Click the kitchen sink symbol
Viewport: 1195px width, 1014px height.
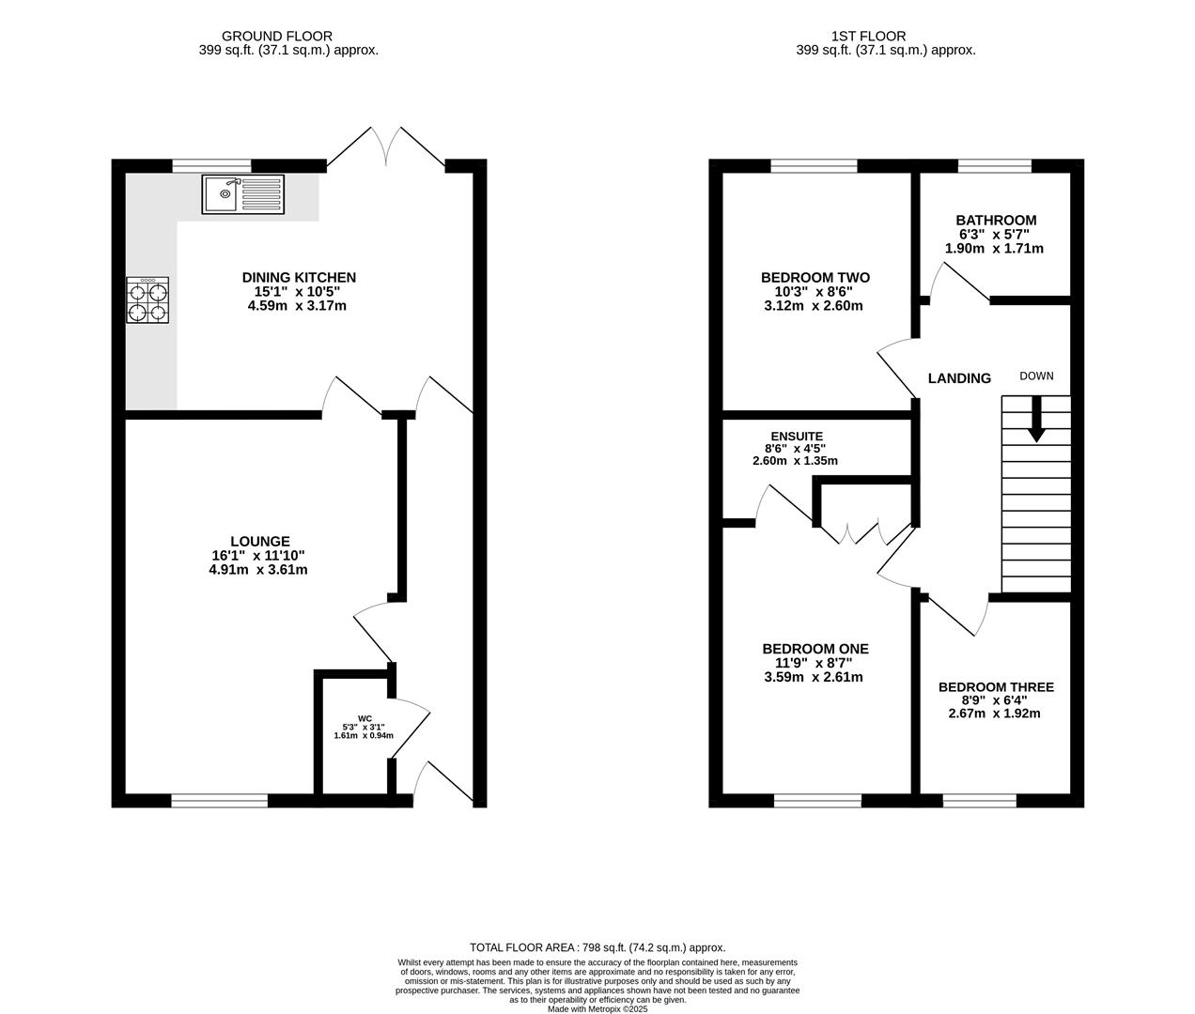click(242, 194)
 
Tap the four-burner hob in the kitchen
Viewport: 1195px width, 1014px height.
click(148, 300)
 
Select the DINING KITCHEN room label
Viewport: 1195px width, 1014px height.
click(299, 277)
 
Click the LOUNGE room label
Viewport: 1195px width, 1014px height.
click(260, 542)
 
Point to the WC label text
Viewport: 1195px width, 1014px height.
click(365, 718)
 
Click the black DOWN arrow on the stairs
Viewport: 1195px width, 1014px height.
click(1036, 419)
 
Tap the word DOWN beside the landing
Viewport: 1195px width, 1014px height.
click(1036, 376)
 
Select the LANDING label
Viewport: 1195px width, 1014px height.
click(960, 378)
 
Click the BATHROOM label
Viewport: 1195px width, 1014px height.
click(996, 220)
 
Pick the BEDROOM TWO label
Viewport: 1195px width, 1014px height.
click(815, 277)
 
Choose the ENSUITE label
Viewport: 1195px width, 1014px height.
click(797, 437)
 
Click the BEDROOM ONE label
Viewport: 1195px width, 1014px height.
click(815, 649)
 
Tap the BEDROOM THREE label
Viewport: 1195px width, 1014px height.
click(996, 687)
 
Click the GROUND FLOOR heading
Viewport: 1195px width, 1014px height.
click(277, 37)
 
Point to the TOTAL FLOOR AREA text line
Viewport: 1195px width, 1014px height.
click(597, 947)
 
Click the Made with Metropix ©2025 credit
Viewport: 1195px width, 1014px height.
click(597, 1009)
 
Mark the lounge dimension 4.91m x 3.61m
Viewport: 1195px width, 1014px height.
click(257, 570)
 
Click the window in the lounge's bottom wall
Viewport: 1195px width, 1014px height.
click(220, 800)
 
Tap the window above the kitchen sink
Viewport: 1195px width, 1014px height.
click(212, 166)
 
